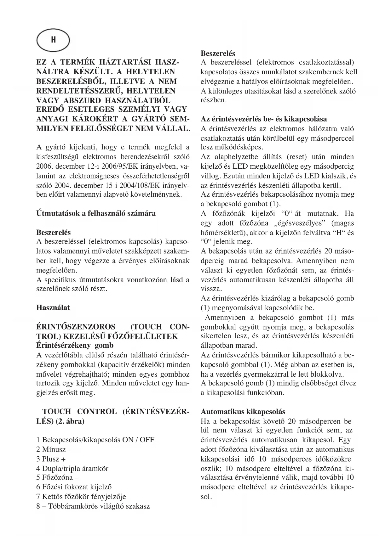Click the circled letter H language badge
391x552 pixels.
53,40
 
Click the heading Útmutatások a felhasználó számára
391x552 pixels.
96,213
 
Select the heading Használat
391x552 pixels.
53,307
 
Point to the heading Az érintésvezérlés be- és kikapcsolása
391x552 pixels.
264,119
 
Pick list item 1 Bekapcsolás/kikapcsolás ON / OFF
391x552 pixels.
95,440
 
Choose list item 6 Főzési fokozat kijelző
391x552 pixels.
74,487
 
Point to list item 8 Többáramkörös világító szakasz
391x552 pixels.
93,506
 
